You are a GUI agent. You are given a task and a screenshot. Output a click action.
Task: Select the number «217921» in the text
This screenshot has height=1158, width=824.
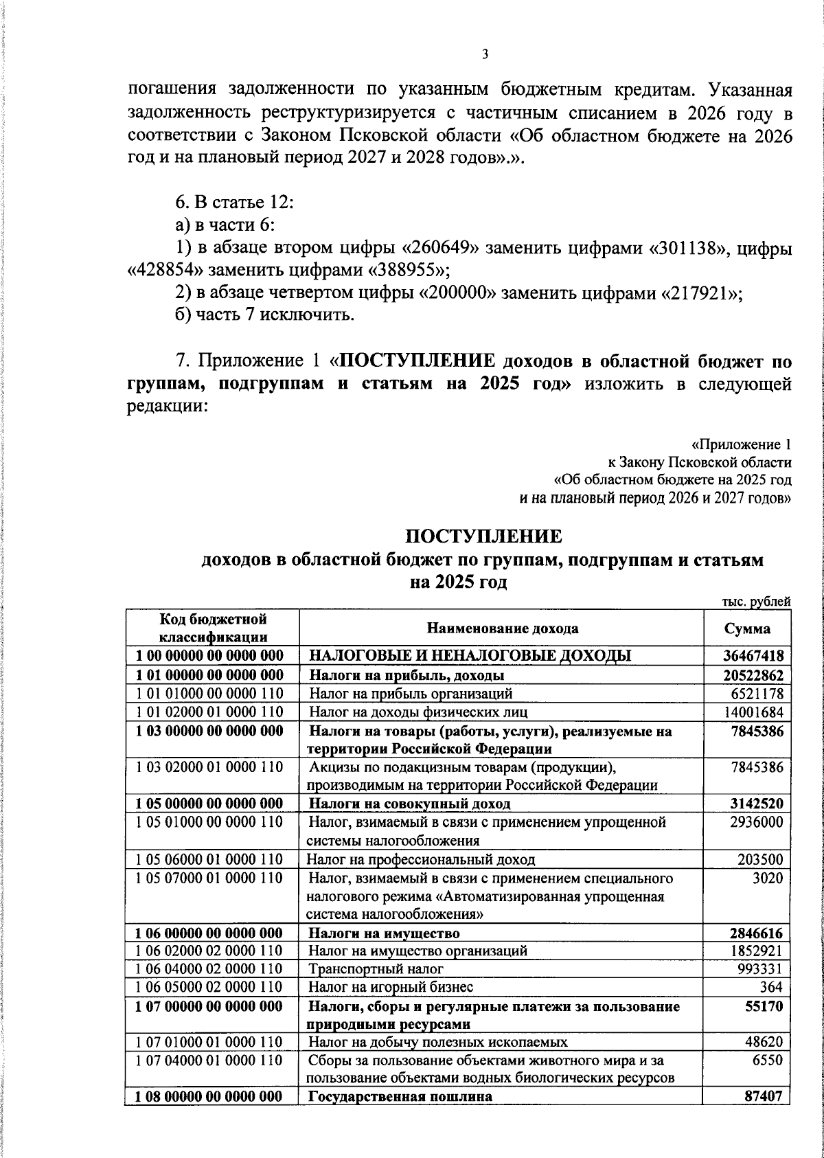coord(702,293)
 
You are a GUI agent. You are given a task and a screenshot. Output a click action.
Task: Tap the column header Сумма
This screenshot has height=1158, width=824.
coord(747,629)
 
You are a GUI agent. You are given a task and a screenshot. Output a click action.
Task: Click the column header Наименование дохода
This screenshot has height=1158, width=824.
coord(503,629)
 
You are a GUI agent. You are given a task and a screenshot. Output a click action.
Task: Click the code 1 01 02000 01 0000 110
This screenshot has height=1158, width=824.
coord(209,712)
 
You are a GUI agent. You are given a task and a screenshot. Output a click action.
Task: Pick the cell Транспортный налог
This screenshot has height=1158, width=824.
coord(376,969)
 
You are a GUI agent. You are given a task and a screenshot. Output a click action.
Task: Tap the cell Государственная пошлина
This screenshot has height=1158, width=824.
coord(400,1097)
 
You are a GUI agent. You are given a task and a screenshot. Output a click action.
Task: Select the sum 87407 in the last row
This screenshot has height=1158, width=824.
coord(764,1097)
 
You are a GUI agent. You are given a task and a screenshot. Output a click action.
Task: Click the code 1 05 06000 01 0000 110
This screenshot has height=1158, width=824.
coord(209,859)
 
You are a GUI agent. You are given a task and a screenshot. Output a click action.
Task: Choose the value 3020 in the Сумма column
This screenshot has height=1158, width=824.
coord(768,878)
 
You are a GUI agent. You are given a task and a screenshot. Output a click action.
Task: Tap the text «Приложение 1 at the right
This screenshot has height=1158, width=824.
coord(741,444)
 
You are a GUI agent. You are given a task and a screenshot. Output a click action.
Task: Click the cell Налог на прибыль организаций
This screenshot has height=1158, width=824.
coord(411,694)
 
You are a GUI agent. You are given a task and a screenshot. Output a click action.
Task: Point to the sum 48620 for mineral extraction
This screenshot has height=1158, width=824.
coord(764,1042)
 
